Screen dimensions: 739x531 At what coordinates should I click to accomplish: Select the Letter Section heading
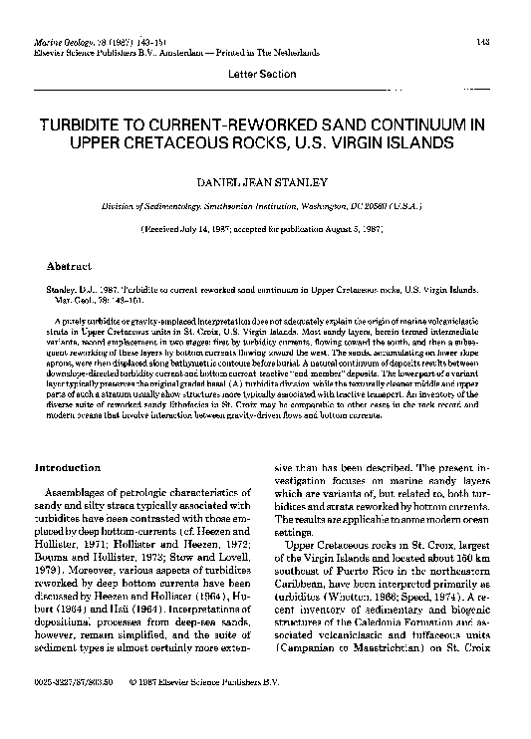[264, 76]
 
